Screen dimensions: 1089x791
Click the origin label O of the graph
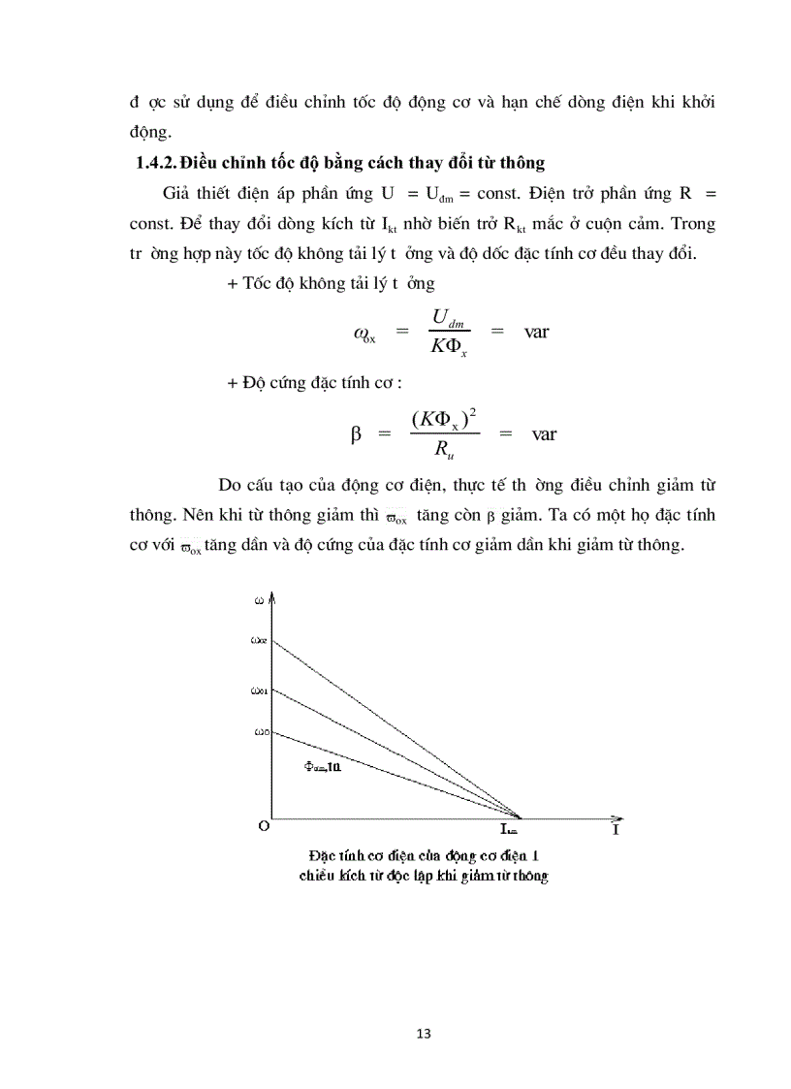263,826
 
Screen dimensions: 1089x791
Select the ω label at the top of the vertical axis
258,600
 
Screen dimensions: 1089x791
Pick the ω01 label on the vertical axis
258,691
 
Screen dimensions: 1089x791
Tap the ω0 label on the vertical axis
259,732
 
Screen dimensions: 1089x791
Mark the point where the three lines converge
522,817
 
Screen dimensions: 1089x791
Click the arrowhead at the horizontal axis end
628,817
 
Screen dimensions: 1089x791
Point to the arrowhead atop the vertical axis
274,594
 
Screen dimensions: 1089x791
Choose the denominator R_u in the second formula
441,450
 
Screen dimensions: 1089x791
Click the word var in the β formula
544,433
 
